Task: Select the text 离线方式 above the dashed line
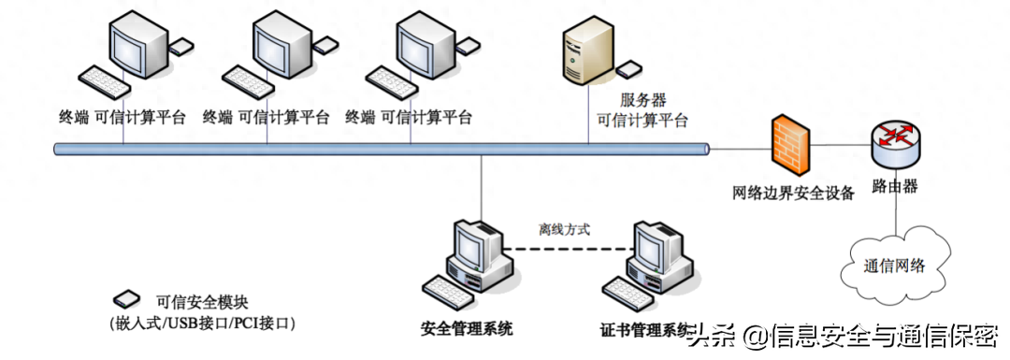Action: tap(564, 229)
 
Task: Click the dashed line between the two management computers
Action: tap(566, 250)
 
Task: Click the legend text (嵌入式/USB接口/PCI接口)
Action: tap(200, 323)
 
